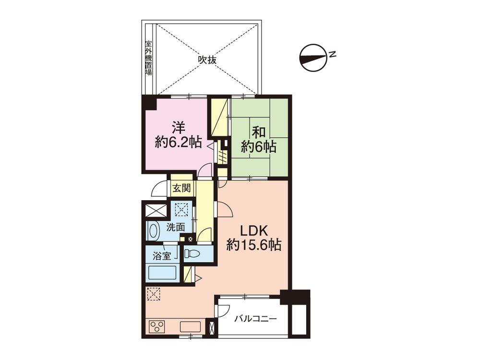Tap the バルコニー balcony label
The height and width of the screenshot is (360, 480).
point(255,319)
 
